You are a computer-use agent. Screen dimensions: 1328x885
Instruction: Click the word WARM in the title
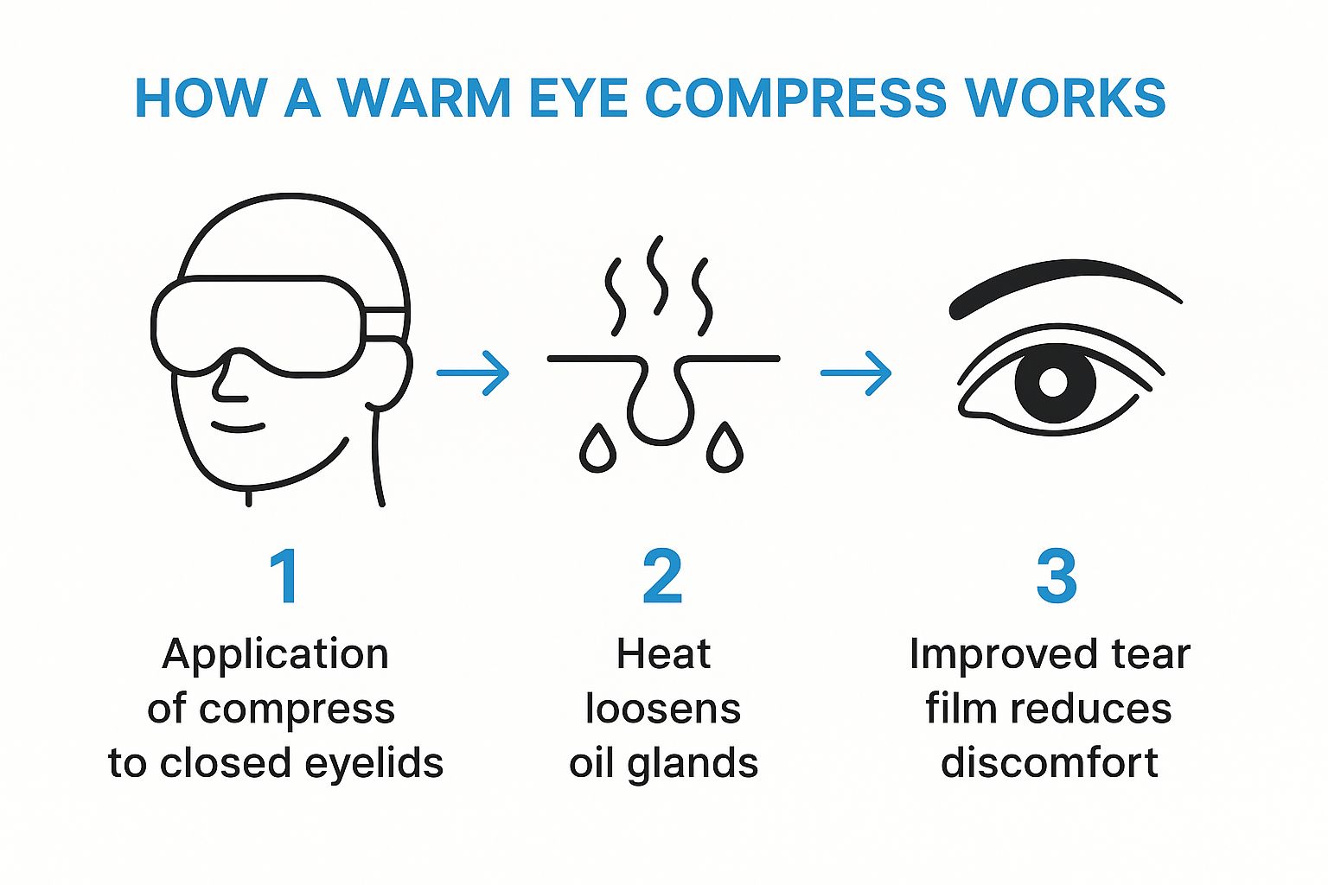pyautogui.click(x=424, y=98)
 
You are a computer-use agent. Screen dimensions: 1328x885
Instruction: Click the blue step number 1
pyautogui.click(x=285, y=576)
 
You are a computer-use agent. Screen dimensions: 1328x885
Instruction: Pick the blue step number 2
pyautogui.click(x=663, y=576)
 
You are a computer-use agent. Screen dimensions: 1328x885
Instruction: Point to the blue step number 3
pyautogui.click(x=1056, y=576)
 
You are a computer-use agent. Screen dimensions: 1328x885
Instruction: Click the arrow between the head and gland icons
pyautogui.click(x=473, y=372)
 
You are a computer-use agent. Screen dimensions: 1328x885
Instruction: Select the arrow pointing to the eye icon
pyautogui.click(x=855, y=372)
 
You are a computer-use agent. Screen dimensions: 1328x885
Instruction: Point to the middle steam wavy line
pyautogui.click(x=657, y=275)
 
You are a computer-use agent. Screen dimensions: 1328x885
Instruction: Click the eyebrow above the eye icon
pyautogui.click(x=1061, y=284)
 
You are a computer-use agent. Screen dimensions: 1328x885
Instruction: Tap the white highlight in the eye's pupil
pyautogui.click(x=1053, y=382)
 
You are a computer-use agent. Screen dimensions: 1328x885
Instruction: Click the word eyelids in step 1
pyautogui.click(x=374, y=763)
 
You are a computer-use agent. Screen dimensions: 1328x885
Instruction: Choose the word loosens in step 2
pyautogui.click(x=663, y=709)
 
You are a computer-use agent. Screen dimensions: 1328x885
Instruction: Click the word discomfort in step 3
pyautogui.click(x=1050, y=762)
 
